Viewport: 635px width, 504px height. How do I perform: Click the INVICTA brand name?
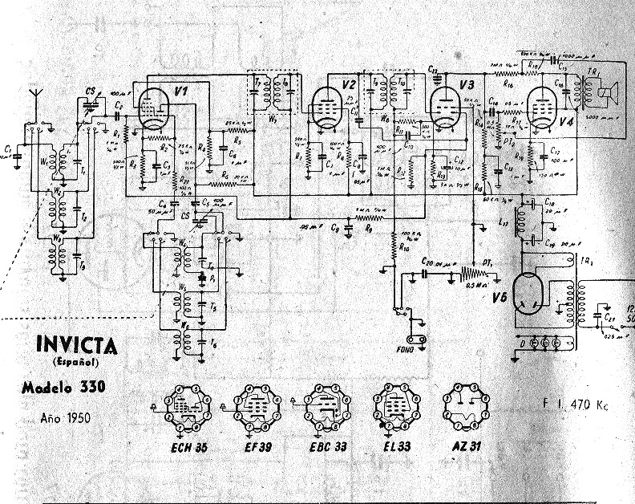tap(76, 346)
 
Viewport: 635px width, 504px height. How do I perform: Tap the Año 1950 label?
tap(65, 417)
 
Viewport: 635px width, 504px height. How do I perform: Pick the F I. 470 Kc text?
tap(575, 404)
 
